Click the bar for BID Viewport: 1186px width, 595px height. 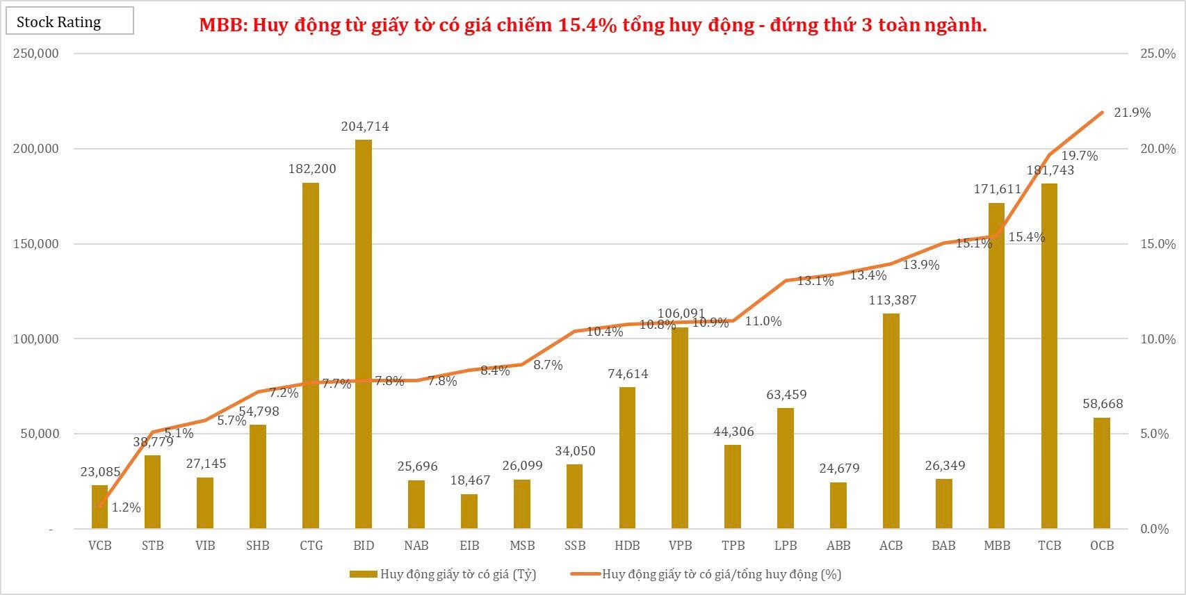364,334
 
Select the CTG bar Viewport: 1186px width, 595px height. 311,354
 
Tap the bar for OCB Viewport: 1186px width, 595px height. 1102,473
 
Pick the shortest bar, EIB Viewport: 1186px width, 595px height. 469,511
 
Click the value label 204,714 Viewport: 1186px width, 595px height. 365,127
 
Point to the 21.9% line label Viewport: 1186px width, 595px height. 1132,113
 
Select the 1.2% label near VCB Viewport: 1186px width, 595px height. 126,507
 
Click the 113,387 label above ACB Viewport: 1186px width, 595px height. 893,300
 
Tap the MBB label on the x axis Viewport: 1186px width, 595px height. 997,546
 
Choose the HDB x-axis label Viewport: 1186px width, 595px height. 627,546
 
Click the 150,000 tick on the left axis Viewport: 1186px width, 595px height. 36,244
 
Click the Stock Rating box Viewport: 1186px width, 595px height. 70,22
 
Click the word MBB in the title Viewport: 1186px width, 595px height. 221,26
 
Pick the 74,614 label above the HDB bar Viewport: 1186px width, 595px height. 628,374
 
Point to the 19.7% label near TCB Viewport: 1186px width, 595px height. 1080,156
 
